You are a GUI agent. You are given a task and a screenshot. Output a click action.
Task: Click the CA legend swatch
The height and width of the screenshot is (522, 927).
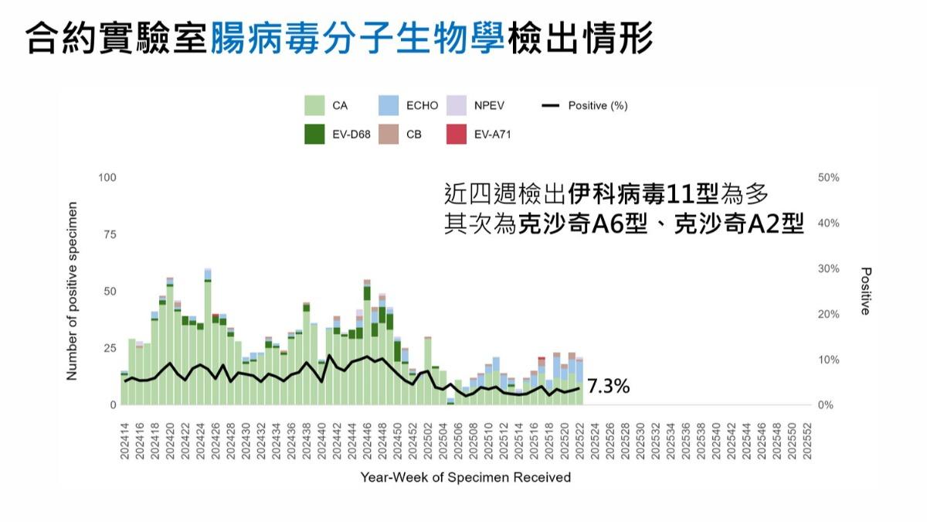tap(314, 106)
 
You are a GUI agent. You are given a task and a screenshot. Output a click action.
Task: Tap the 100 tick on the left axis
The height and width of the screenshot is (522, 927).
tap(107, 178)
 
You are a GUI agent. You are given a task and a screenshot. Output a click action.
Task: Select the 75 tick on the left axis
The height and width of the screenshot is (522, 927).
tap(110, 234)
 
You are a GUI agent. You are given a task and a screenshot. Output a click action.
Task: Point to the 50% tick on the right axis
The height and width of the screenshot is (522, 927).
tap(828, 178)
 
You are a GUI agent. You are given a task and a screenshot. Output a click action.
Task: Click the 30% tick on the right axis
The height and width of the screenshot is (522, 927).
tap(828, 269)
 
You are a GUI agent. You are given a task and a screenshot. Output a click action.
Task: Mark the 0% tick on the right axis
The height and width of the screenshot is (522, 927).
tap(825, 405)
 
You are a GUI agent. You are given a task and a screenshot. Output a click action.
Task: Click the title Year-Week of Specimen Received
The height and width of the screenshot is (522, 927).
tap(465, 477)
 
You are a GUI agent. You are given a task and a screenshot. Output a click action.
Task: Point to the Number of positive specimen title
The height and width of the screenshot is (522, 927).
tap(73, 292)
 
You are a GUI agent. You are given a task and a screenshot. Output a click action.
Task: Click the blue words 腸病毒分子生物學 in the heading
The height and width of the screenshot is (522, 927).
tap(358, 37)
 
